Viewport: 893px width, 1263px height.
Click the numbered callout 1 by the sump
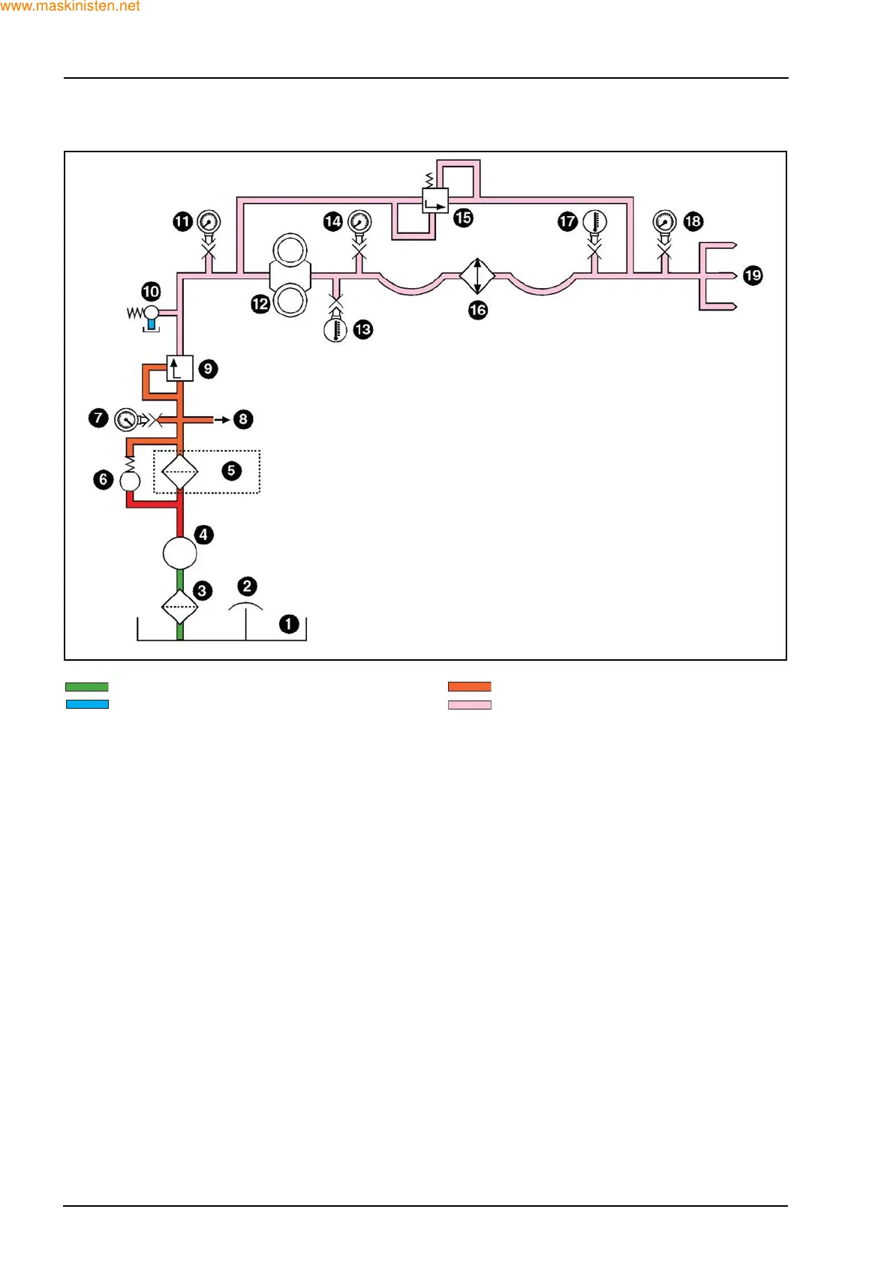pos(289,624)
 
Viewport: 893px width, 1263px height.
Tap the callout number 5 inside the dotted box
pos(231,471)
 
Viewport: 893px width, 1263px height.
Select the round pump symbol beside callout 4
pos(180,553)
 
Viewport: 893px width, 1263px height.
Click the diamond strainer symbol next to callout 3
pos(180,606)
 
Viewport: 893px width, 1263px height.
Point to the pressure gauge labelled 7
pos(125,418)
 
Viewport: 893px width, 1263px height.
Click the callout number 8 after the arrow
pos(243,419)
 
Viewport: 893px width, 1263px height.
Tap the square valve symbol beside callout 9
pos(180,367)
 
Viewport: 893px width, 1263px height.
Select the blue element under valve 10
pos(152,324)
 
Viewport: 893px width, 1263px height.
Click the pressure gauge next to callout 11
pos(209,222)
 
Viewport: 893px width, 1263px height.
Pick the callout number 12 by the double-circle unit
pos(260,304)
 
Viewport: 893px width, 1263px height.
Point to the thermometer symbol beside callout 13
pos(335,329)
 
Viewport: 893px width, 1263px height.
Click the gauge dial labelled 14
pos(360,222)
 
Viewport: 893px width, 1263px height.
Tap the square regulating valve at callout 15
pos(435,201)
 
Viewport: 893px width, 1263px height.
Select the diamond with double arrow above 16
pos(477,276)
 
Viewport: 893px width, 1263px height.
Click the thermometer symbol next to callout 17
pos(594,222)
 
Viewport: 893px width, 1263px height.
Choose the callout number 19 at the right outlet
pos(753,275)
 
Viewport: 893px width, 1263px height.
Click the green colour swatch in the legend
pos(87,687)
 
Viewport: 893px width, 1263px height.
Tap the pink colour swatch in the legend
pos(470,705)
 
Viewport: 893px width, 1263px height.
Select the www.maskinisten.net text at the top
pos(71,7)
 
